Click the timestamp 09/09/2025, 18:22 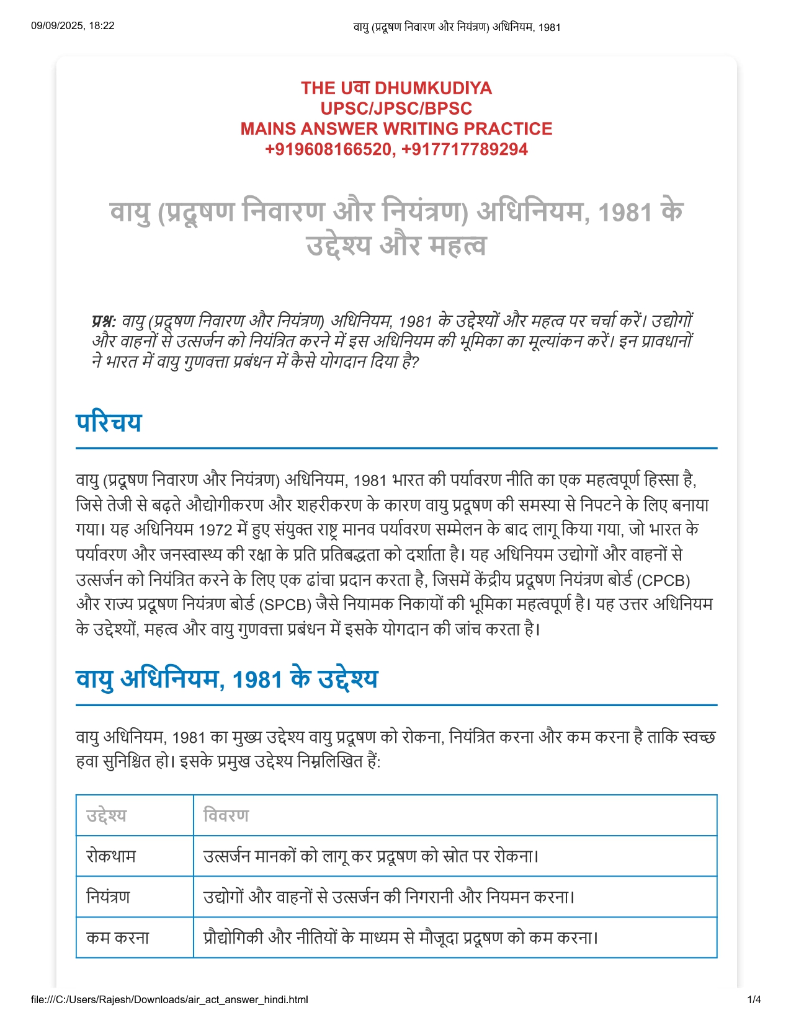(x=73, y=25)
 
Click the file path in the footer (x=169, y=999)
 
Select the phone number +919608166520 (x=328, y=149)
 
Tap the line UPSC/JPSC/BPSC (x=396, y=108)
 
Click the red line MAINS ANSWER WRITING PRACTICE (x=396, y=129)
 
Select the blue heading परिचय (x=109, y=423)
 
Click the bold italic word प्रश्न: (x=104, y=321)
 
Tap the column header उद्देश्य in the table (x=106, y=815)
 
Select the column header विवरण (x=226, y=815)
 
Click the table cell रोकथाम (x=111, y=856)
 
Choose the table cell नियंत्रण (x=108, y=897)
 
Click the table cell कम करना (x=118, y=937)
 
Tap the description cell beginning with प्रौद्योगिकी (x=400, y=937)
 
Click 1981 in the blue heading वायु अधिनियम (x=257, y=680)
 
